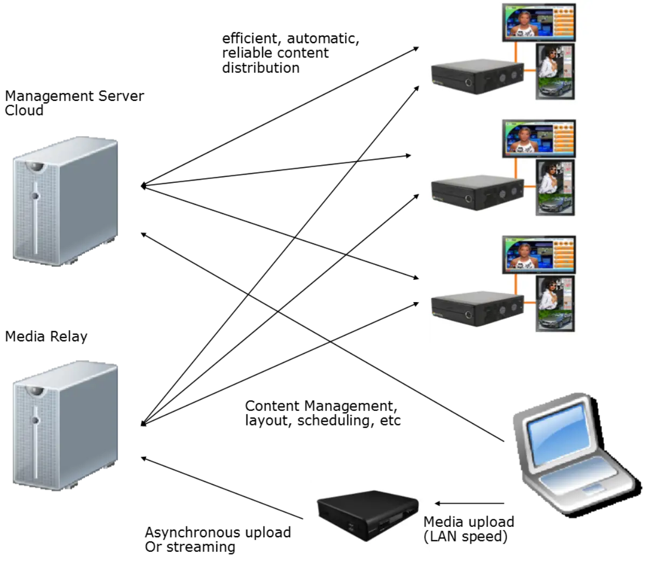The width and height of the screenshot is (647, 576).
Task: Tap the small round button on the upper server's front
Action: (x=35, y=197)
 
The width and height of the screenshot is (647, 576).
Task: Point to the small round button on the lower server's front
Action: (x=35, y=420)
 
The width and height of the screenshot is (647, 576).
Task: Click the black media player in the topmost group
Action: (x=478, y=77)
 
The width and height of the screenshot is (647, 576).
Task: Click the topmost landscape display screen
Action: (x=539, y=22)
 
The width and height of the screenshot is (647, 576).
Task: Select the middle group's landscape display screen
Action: (x=539, y=138)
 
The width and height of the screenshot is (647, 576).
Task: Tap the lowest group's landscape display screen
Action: (x=539, y=255)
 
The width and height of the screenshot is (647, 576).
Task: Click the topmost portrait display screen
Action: (x=555, y=72)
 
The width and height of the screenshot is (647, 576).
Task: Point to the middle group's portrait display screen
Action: (x=555, y=187)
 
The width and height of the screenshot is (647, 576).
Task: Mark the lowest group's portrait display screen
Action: (x=555, y=304)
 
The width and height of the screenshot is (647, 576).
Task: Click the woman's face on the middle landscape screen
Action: (x=521, y=136)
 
